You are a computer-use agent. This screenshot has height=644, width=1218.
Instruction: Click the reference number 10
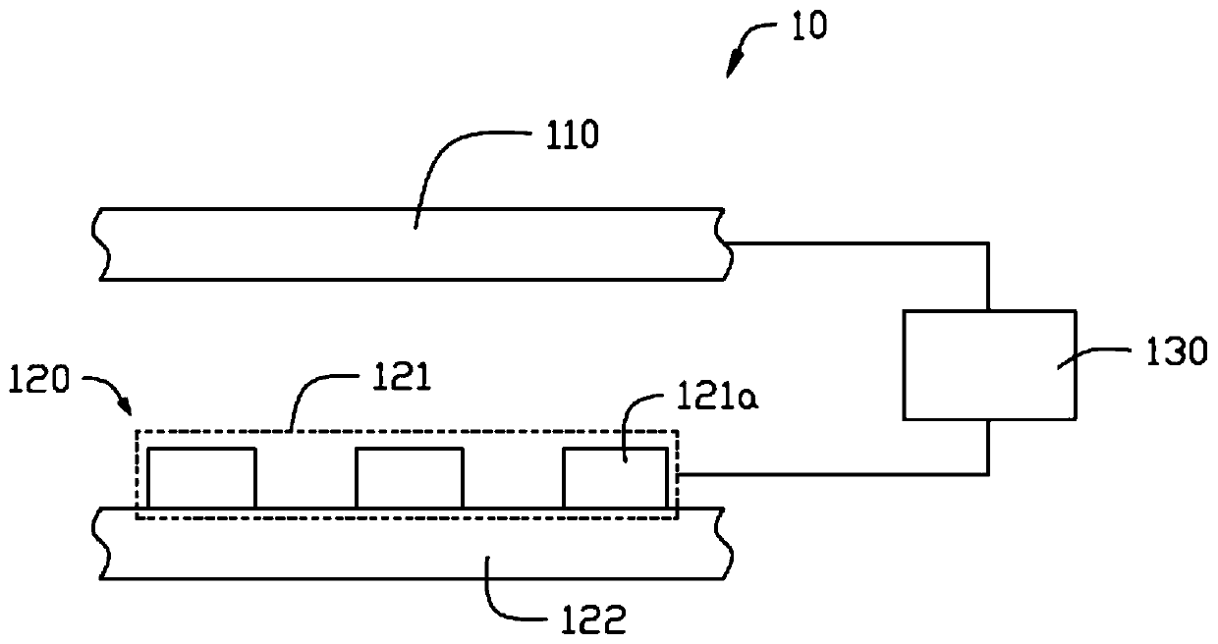pos(808,27)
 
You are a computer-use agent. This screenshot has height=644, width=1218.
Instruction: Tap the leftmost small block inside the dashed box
pos(202,478)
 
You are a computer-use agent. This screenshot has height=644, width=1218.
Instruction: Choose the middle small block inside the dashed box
pos(409,478)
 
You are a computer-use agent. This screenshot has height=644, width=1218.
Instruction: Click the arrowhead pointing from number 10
pos(731,70)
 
